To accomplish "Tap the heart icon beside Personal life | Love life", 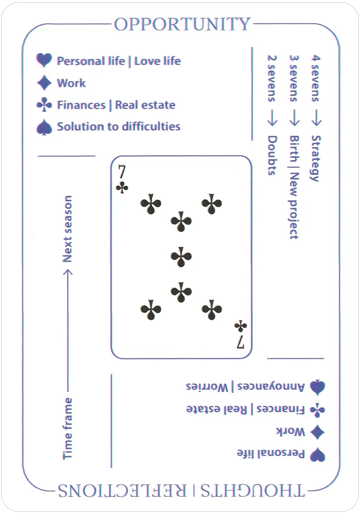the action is point(44,60).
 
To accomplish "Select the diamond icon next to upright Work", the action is point(44,83).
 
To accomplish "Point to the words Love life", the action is point(158,61).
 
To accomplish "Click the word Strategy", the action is point(316,159).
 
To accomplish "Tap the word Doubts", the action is point(272,155).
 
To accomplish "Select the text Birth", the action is point(294,148).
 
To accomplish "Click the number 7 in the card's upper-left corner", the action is point(122,172).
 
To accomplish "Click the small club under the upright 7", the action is point(122,188).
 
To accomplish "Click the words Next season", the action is point(68,229).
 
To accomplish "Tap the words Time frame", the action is point(68,429).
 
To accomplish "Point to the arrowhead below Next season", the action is point(68,272).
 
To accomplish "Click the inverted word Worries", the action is point(207,387).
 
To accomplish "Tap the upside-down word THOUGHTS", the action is point(253,491).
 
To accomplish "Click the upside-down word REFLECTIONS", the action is point(122,491).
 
